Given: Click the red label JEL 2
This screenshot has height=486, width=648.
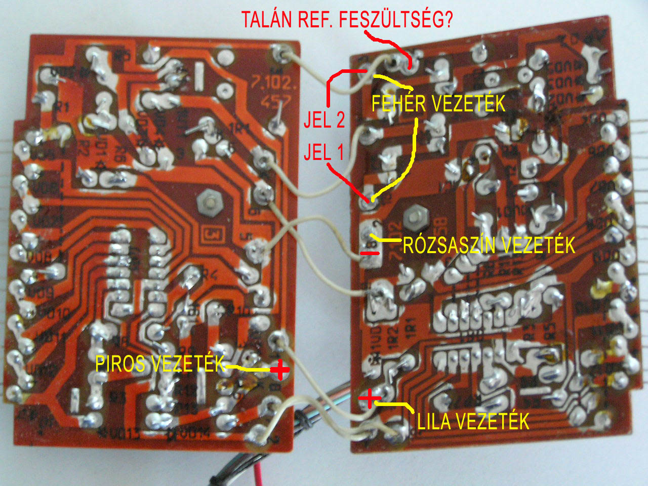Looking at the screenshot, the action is click(x=325, y=120).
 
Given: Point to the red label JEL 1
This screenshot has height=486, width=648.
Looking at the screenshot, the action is click(x=323, y=152).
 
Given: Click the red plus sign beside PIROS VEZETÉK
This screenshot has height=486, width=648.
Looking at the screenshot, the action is click(x=279, y=370).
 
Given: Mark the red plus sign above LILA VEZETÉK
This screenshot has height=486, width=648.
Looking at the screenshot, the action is click(x=369, y=398).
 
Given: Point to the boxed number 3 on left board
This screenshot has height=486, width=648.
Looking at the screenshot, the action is click(x=213, y=234).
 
